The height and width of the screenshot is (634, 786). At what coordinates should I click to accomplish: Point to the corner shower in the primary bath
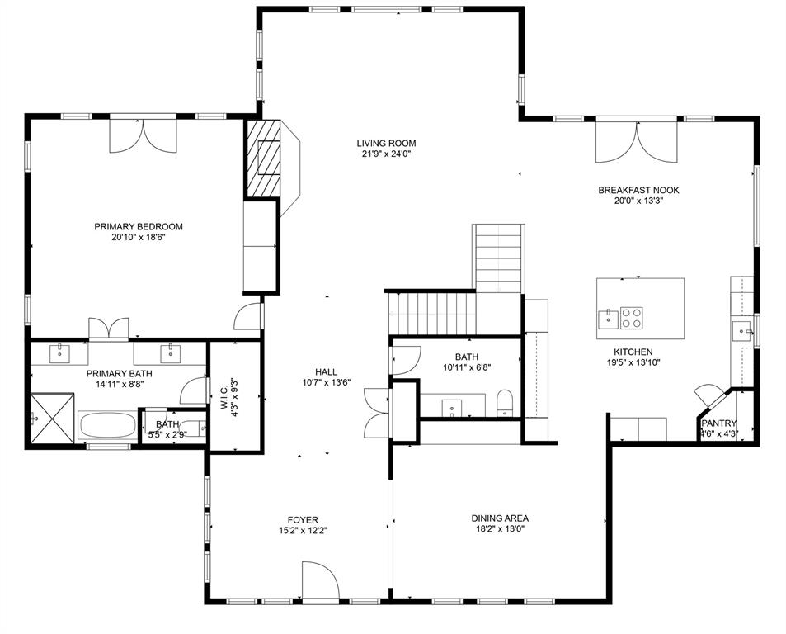pyautogui.click(x=51, y=419)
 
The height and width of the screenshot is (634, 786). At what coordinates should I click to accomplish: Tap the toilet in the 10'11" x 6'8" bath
pyautogui.click(x=506, y=404)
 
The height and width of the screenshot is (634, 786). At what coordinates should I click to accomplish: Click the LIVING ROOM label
pyautogui.click(x=379, y=143)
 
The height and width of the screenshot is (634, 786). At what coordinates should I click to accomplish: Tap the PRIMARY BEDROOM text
pyautogui.click(x=138, y=226)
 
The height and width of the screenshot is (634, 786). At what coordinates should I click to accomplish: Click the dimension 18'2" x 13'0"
pyautogui.click(x=500, y=529)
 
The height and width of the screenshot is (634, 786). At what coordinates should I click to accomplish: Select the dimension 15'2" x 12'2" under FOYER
pyautogui.click(x=303, y=531)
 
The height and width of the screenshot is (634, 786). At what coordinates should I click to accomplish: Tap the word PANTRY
pyautogui.click(x=718, y=423)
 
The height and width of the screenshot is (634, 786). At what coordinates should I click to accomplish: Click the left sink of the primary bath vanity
pyautogui.click(x=60, y=352)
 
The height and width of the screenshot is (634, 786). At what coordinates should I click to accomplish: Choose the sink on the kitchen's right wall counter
pyautogui.click(x=741, y=331)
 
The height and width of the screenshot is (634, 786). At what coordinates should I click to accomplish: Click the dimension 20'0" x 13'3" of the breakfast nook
pyautogui.click(x=638, y=201)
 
